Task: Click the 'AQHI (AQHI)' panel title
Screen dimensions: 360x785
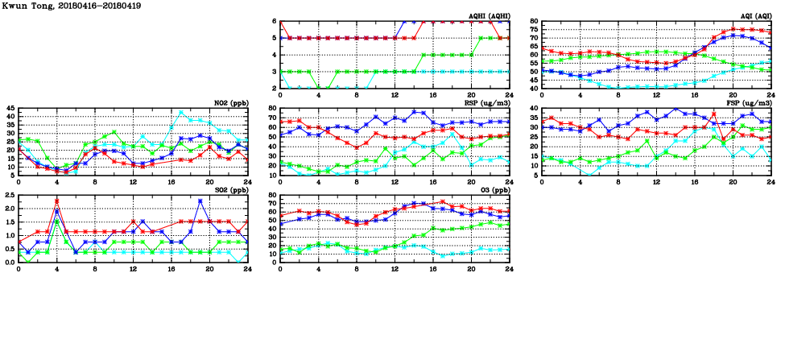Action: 489,15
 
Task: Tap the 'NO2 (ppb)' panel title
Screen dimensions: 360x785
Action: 229,102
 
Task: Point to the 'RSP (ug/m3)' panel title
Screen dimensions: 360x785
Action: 489,102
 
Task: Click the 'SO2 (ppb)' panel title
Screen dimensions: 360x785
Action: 229,189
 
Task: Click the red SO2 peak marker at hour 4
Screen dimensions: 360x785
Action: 57,201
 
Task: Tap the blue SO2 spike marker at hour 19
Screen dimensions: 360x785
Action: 200,201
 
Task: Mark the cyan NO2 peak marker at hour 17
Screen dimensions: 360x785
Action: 181,113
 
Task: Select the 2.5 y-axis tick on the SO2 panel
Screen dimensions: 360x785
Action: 9,196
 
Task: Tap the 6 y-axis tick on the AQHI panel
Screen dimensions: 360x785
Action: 275,22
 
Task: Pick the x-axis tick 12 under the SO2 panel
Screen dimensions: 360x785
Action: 133,268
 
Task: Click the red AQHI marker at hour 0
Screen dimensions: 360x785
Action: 281,22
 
